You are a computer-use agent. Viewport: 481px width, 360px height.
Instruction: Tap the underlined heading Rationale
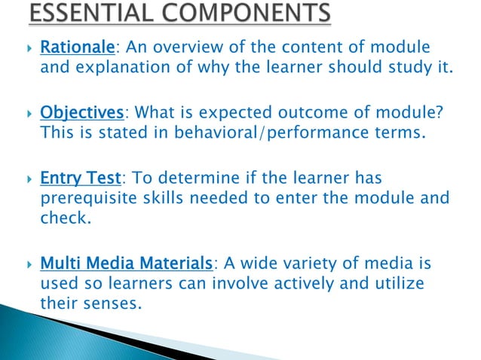[76, 50]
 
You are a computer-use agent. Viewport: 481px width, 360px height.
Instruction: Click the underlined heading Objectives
[81, 114]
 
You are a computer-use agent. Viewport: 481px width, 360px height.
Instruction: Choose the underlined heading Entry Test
[79, 178]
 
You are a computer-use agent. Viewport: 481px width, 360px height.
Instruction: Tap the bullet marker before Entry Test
[27, 179]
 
